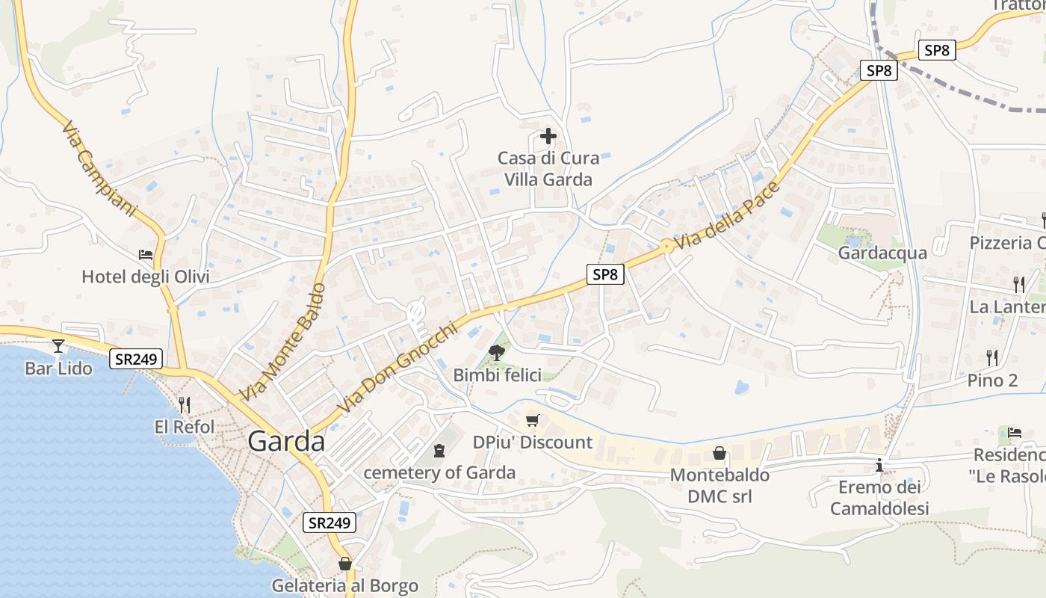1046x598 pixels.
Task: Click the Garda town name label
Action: pyautogui.click(x=286, y=441)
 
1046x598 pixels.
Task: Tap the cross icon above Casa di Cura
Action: pyautogui.click(x=548, y=136)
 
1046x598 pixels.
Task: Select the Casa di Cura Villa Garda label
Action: pyautogui.click(x=548, y=169)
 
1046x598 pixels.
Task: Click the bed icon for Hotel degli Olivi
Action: pyautogui.click(x=146, y=255)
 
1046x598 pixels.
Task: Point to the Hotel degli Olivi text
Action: pyautogui.click(x=146, y=277)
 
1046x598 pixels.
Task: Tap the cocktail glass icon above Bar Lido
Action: pyautogui.click(x=58, y=345)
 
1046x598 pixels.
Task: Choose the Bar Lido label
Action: pyautogui.click(x=58, y=369)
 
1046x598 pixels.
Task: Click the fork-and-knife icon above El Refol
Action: pyautogui.click(x=184, y=404)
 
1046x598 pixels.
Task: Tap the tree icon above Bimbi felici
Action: pyautogui.click(x=495, y=352)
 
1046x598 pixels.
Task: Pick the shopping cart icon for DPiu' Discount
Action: pyautogui.click(x=532, y=421)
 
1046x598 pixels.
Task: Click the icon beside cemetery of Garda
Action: pyautogui.click(x=439, y=451)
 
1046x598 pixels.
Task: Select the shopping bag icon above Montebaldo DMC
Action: pyautogui.click(x=719, y=453)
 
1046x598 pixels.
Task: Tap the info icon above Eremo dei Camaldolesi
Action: pyautogui.click(x=879, y=465)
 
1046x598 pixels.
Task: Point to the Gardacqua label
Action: pyautogui.click(x=882, y=253)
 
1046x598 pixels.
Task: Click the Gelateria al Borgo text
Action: pyautogui.click(x=344, y=585)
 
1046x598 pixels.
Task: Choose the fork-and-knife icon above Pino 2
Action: pyautogui.click(x=992, y=357)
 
